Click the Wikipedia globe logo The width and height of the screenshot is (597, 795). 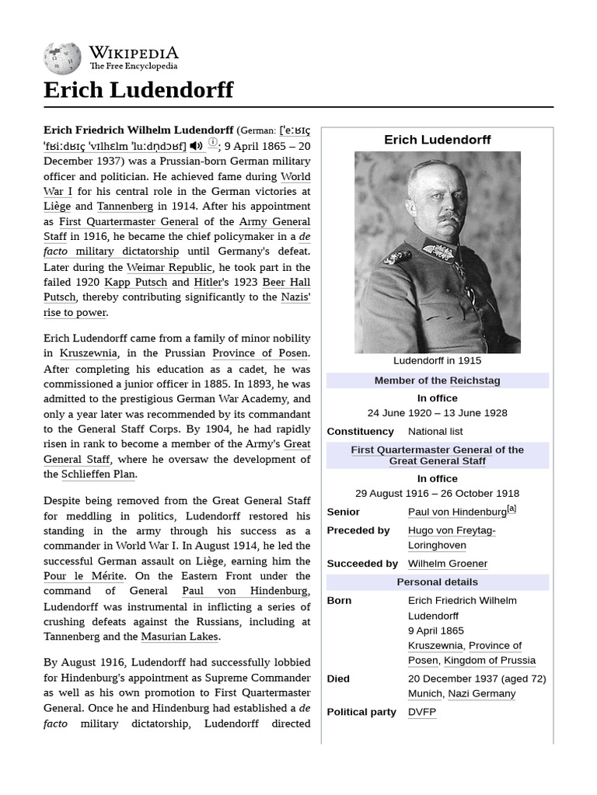coord(62,57)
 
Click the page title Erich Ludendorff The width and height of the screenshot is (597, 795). coord(138,90)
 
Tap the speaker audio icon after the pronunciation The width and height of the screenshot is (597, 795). coord(196,145)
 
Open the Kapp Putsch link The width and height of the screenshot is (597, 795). coord(134,282)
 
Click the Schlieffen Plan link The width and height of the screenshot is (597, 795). coord(99,474)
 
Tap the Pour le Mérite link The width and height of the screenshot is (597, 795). coord(83,576)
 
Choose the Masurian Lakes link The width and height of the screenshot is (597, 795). coord(180,637)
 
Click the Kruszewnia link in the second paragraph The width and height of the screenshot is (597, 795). coord(86,353)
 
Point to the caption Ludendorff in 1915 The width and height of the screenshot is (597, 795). coord(437,360)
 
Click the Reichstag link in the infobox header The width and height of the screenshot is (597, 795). coord(474,380)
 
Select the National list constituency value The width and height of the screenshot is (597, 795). coord(435,431)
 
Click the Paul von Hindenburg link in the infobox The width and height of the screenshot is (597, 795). coord(457,512)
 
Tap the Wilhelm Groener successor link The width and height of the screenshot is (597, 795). coord(448,564)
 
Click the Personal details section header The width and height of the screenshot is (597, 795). coord(437,582)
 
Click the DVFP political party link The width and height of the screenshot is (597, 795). coord(422,712)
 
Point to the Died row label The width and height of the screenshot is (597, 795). coord(338,679)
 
